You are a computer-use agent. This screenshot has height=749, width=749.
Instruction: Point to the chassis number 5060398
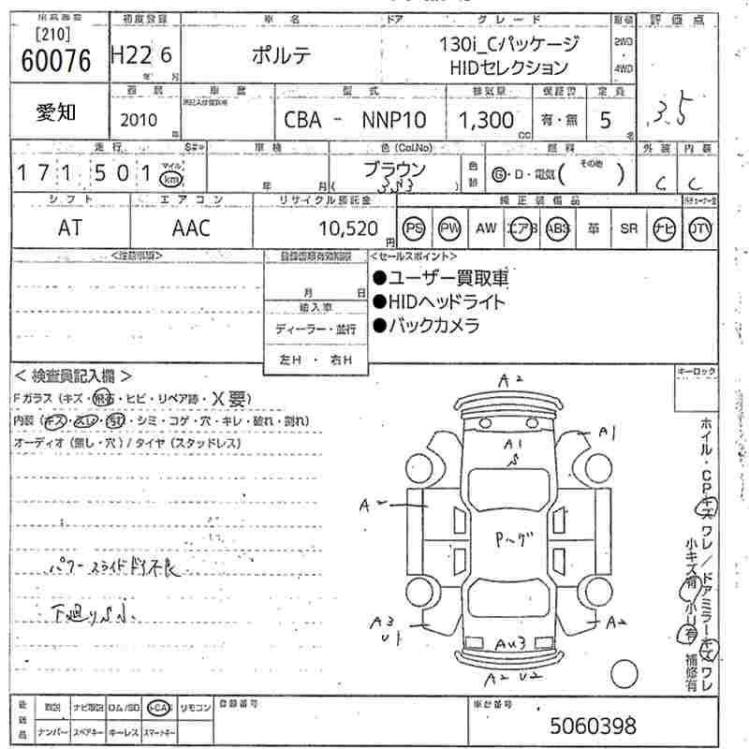pyautogui.click(x=593, y=725)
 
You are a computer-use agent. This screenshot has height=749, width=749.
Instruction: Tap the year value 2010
pyautogui.click(x=140, y=120)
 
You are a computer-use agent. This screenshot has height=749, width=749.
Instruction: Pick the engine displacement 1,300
pyautogui.click(x=486, y=120)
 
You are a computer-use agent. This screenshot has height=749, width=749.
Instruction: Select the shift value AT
pyautogui.click(x=69, y=228)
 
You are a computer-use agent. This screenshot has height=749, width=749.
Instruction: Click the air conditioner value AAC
pyautogui.click(x=191, y=228)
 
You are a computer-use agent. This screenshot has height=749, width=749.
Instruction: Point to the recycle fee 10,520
pyautogui.click(x=347, y=228)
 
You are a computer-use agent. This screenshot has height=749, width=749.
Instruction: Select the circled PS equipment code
pyautogui.click(x=414, y=228)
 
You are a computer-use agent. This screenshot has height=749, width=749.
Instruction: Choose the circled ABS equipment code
pyautogui.click(x=558, y=228)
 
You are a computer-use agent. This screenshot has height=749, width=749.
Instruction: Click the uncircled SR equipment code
pyautogui.click(x=628, y=228)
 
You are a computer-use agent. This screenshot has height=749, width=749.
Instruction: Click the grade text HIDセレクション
pyautogui.click(x=509, y=67)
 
